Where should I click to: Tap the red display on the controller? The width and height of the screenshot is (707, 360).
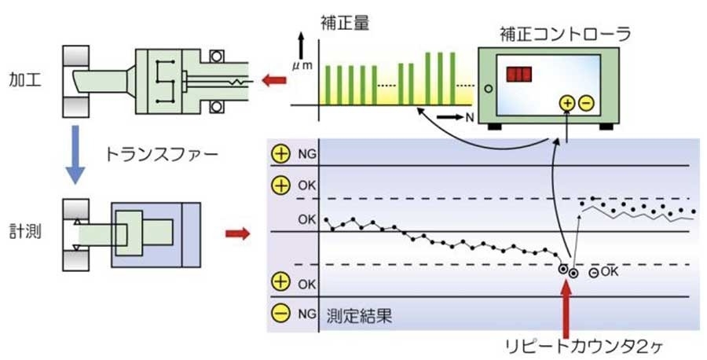coord(518,75)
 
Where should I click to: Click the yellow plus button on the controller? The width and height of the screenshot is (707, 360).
coord(566,102)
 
